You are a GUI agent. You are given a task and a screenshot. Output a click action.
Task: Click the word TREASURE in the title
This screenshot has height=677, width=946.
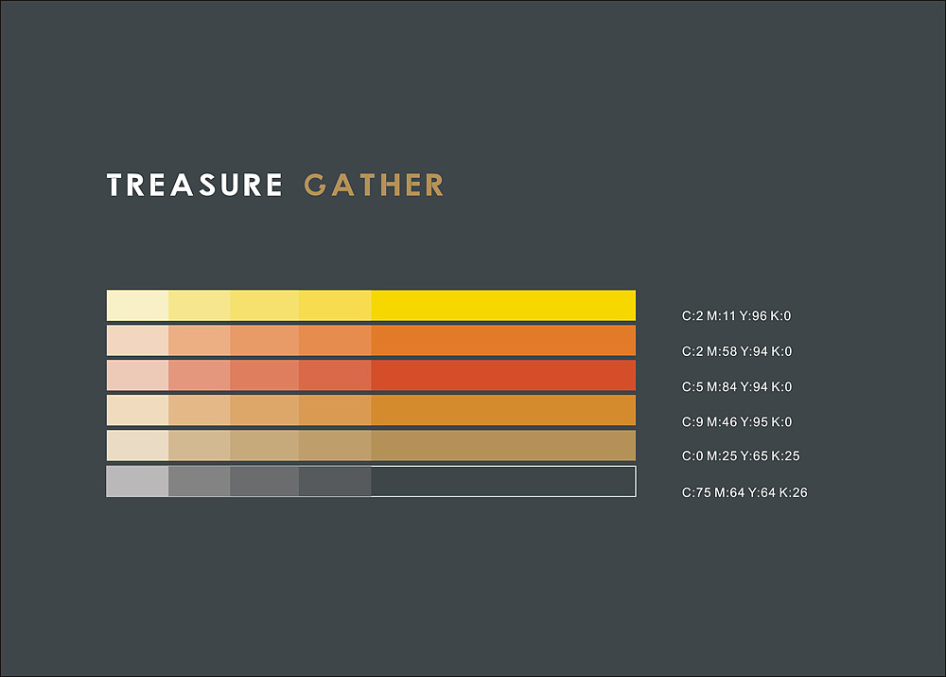194,185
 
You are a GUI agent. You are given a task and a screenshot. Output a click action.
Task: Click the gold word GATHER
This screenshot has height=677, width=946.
374,185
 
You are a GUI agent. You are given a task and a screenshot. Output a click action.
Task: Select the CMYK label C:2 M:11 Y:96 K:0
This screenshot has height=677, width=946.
736,316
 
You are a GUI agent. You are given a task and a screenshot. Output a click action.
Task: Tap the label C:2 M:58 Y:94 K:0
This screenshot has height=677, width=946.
737,351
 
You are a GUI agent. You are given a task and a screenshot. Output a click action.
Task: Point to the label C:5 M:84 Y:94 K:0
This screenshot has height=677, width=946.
737,386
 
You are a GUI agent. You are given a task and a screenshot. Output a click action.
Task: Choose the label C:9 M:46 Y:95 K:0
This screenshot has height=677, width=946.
737,421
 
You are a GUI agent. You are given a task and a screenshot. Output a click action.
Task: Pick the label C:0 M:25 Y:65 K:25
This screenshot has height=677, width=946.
741,456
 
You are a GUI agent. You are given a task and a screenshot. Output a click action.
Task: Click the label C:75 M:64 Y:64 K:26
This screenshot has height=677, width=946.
745,492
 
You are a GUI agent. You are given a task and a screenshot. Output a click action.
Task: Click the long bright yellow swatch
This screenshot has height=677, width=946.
503,306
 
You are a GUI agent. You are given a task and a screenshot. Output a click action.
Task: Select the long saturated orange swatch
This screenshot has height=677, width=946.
503,341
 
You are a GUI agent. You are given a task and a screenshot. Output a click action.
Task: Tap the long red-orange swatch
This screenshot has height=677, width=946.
503,375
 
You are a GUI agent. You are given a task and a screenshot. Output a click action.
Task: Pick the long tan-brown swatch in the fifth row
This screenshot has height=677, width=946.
503,446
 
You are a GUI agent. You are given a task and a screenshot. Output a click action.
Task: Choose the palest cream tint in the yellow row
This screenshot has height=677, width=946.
137,306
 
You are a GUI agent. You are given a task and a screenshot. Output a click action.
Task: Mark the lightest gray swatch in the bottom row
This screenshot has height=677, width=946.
137,481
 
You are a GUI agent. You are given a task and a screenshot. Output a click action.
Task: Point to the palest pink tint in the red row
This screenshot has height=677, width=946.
137,375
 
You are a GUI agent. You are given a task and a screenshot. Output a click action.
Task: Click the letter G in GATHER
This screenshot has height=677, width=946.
316,185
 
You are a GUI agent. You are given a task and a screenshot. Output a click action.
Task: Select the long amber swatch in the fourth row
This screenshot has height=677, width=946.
503,411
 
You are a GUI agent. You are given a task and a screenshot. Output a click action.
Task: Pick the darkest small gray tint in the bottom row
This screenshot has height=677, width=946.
335,481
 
